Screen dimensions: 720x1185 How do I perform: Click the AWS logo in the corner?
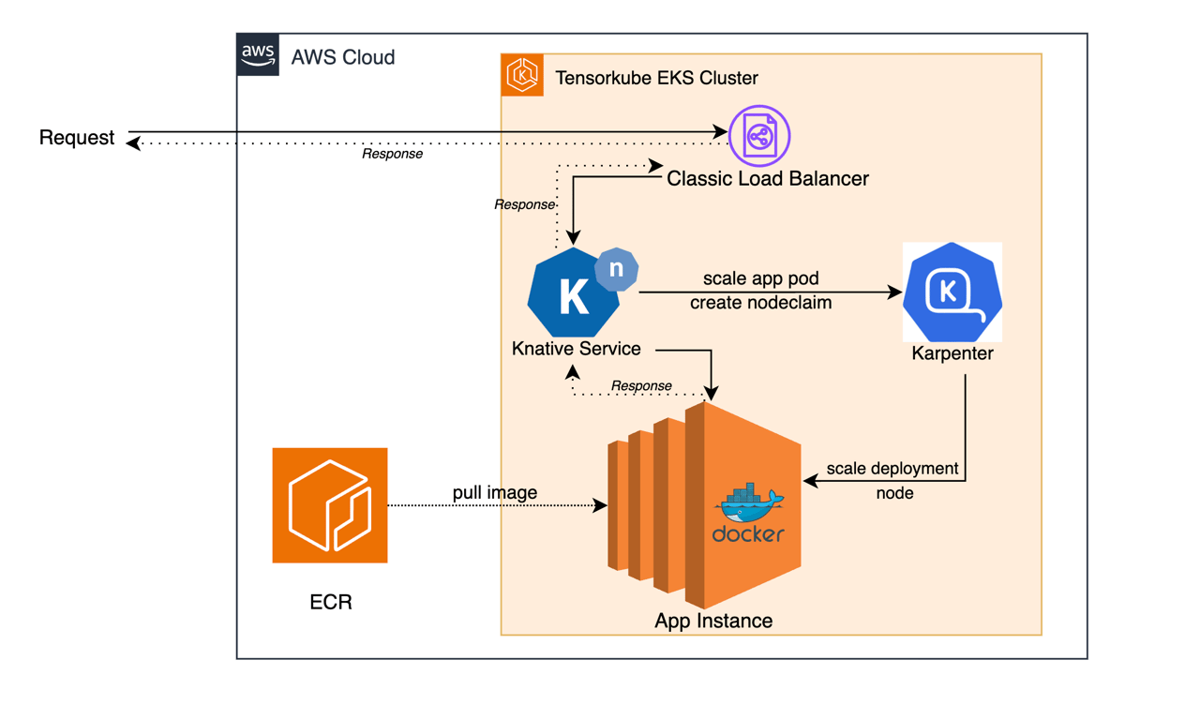click(258, 55)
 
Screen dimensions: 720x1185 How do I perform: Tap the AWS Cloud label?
click(342, 57)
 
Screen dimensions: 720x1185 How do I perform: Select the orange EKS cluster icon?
click(522, 75)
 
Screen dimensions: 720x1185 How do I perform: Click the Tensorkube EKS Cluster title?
click(656, 78)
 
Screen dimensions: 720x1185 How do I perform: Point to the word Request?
click(77, 138)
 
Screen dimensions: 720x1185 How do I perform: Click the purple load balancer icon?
click(759, 136)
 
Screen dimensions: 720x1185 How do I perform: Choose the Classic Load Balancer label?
click(767, 178)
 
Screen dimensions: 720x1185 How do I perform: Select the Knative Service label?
click(576, 349)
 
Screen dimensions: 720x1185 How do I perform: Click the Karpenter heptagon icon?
click(952, 292)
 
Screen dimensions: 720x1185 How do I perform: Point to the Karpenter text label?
click(952, 354)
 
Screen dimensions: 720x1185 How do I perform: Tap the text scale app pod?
click(760, 279)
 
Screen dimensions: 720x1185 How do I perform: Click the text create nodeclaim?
click(760, 303)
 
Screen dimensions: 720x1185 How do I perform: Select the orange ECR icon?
click(330, 505)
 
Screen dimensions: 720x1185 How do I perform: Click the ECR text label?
click(331, 602)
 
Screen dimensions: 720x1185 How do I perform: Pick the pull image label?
click(495, 492)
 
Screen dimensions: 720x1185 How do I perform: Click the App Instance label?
click(713, 621)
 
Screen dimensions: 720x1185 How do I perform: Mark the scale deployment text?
click(892, 468)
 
